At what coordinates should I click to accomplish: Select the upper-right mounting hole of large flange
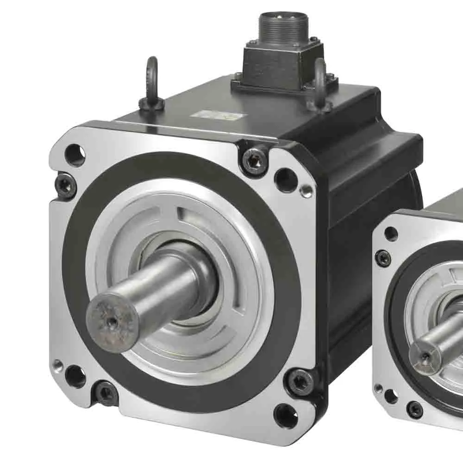click(285, 179)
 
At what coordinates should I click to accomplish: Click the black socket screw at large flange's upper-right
click(254, 161)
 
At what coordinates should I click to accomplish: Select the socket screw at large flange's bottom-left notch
click(106, 394)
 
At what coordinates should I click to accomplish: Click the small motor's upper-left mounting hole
click(391, 234)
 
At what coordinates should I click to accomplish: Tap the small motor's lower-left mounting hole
click(391, 396)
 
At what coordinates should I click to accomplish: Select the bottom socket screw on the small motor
click(414, 410)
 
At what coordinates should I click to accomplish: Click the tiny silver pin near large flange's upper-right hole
click(305, 191)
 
